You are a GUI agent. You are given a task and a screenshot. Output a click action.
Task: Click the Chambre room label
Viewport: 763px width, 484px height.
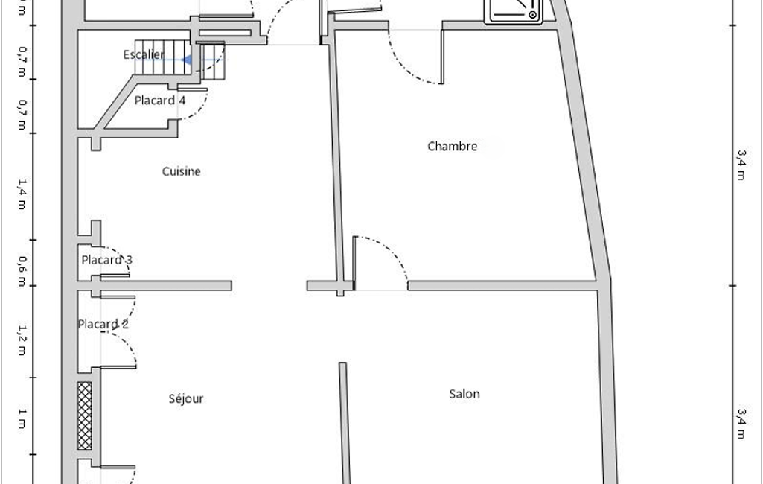pyautogui.click(x=452, y=146)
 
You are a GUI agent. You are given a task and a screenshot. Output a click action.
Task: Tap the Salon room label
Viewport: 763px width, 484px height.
pyautogui.click(x=464, y=394)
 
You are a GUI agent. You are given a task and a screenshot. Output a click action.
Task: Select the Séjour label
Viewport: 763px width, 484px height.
pyautogui.click(x=185, y=398)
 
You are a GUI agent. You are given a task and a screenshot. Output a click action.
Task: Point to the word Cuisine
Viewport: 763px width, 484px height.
pyautogui.click(x=181, y=171)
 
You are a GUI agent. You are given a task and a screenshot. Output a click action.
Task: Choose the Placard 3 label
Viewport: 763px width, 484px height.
pyautogui.click(x=106, y=260)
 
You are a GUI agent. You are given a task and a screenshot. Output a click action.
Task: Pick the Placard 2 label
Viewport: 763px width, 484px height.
pyautogui.click(x=103, y=324)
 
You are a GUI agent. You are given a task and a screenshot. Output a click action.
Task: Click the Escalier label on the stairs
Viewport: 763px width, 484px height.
pyautogui.click(x=144, y=54)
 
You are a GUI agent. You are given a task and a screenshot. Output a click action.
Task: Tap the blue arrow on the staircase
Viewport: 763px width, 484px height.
pyautogui.click(x=188, y=60)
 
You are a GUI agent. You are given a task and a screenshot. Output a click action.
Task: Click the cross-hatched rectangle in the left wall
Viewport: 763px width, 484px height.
pyautogui.click(x=85, y=415)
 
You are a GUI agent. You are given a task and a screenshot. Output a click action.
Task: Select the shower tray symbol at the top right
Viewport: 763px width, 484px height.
pyautogui.click(x=515, y=10)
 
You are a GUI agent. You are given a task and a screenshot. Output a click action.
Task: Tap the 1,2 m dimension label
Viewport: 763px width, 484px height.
pyautogui.click(x=22, y=339)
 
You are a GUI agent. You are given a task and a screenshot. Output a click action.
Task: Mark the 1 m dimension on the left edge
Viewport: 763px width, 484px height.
pyautogui.click(x=22, y=418)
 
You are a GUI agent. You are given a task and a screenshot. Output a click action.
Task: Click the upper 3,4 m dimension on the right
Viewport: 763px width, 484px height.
pyautogui.click(x=741, y=164)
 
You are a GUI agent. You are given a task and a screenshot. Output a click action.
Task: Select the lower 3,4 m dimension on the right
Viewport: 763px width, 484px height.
pyautogui.click(x=741, y=422)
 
